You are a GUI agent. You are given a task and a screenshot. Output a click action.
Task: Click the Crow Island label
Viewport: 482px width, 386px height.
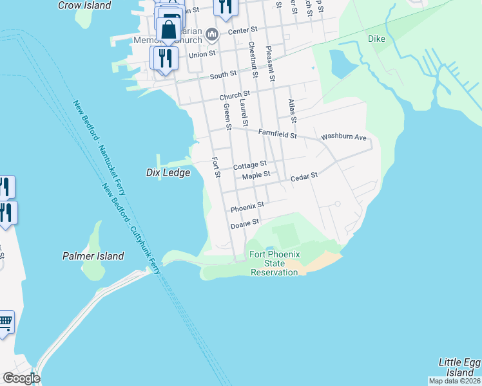click(x=84, y=5)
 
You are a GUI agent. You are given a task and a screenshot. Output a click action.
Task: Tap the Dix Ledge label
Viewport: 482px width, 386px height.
click(x=168, y=172)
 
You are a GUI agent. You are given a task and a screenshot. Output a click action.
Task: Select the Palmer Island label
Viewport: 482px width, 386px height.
click(x=93, y=256)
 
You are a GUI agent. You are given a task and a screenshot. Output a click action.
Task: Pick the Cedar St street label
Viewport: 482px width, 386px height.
click(x=304, y=176)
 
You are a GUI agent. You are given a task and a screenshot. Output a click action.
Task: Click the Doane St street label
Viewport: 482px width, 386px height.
click(x=245, y=223)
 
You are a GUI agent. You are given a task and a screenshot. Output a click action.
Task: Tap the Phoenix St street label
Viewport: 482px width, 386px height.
click(x=247, y=207)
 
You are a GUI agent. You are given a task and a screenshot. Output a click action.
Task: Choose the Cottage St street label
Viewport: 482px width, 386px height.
click(x=250, y=165)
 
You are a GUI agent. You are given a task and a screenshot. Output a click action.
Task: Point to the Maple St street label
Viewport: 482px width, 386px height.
click(x=256, y=174)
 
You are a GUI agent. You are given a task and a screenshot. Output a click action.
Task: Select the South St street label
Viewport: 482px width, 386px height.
click(x=223, y=76)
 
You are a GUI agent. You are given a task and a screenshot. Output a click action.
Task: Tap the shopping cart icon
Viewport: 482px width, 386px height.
click(x=5, y=320)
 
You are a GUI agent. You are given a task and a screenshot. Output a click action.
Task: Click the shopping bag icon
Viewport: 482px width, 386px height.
click(x=168, y=30)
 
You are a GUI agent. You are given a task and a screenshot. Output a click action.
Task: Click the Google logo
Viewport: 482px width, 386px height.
click(x=21, y=378)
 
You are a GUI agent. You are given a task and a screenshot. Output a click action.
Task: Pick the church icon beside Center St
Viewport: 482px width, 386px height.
click(x=212, y=34)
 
